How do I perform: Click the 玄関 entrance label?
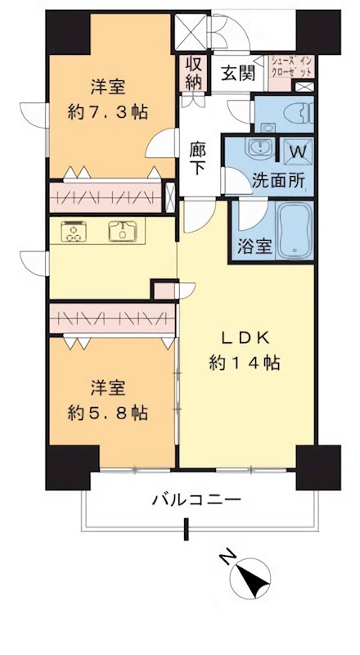pyautogui.click(x=237, y=72)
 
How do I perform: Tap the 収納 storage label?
pyautogui.click(x=194, y=72)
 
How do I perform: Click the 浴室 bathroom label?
pyautogui.click(x=254, y=246)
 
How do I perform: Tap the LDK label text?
pyautogui.click(x=242, y=337)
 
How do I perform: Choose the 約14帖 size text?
pyautogui.click(x=242, y=363)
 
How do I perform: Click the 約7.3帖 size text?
pyautogui.click(x=107, y=112)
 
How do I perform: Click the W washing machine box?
pyautogui.click(x=296, y=151)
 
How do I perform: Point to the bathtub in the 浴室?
pyautogui.click(x=292, y=231)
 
